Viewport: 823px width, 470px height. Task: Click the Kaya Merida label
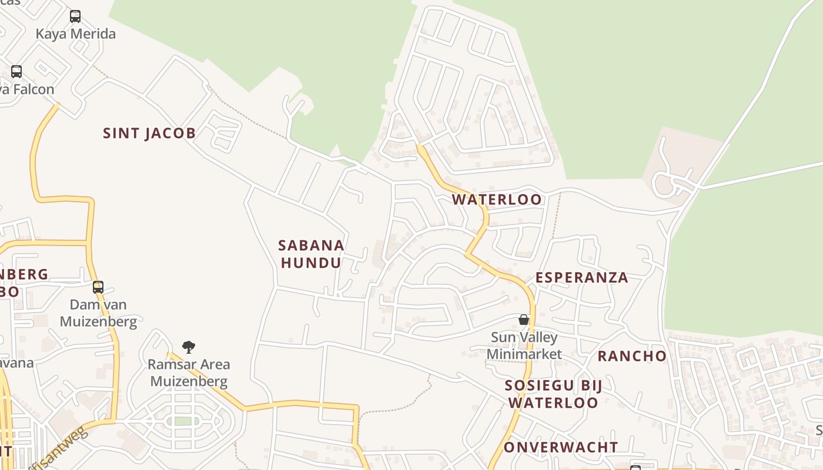point(75,34)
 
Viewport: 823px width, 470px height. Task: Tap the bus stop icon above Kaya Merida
point(75,16)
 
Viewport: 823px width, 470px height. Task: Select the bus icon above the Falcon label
point(16,72)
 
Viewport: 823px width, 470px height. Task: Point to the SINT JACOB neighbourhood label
point(149,133)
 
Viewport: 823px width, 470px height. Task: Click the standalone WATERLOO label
point(497,200)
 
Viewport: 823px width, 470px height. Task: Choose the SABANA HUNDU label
point(311,254)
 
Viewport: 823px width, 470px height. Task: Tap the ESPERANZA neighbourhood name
point(581,278)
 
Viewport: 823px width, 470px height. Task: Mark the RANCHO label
point(632,356)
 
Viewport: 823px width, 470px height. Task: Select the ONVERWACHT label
point(561,448)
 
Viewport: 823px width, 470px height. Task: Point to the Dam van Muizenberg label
point(98,313)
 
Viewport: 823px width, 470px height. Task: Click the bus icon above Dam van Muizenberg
point(98,287)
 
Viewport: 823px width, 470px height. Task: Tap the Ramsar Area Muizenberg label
point(189,373)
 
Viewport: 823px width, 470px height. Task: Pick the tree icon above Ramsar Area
point(188,347)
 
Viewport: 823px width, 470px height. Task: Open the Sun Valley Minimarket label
point(524,346)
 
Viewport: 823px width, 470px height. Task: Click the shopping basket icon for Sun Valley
point(524,320)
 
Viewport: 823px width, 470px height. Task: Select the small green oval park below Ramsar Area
point(183,421)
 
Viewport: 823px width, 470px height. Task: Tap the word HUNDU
point(311,263)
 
